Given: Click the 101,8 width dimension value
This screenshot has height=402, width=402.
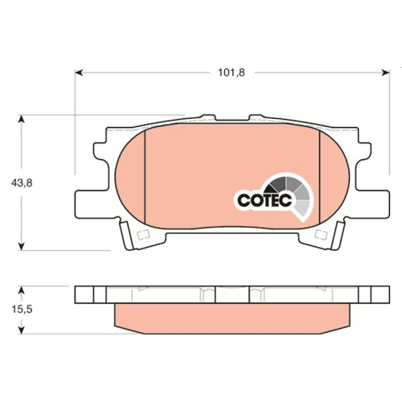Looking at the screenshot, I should (231, 72).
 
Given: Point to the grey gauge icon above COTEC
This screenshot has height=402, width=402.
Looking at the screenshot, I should (294, 191).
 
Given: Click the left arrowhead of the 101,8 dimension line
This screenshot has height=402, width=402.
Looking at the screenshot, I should (78, 72).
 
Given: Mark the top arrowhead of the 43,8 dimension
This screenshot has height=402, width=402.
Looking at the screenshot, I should (22, 118).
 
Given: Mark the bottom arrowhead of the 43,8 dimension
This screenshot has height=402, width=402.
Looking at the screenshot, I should (22, 245).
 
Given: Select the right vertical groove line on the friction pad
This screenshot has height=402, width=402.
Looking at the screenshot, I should (320, 177).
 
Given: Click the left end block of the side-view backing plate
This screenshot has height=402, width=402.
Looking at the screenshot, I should (84, 294).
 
